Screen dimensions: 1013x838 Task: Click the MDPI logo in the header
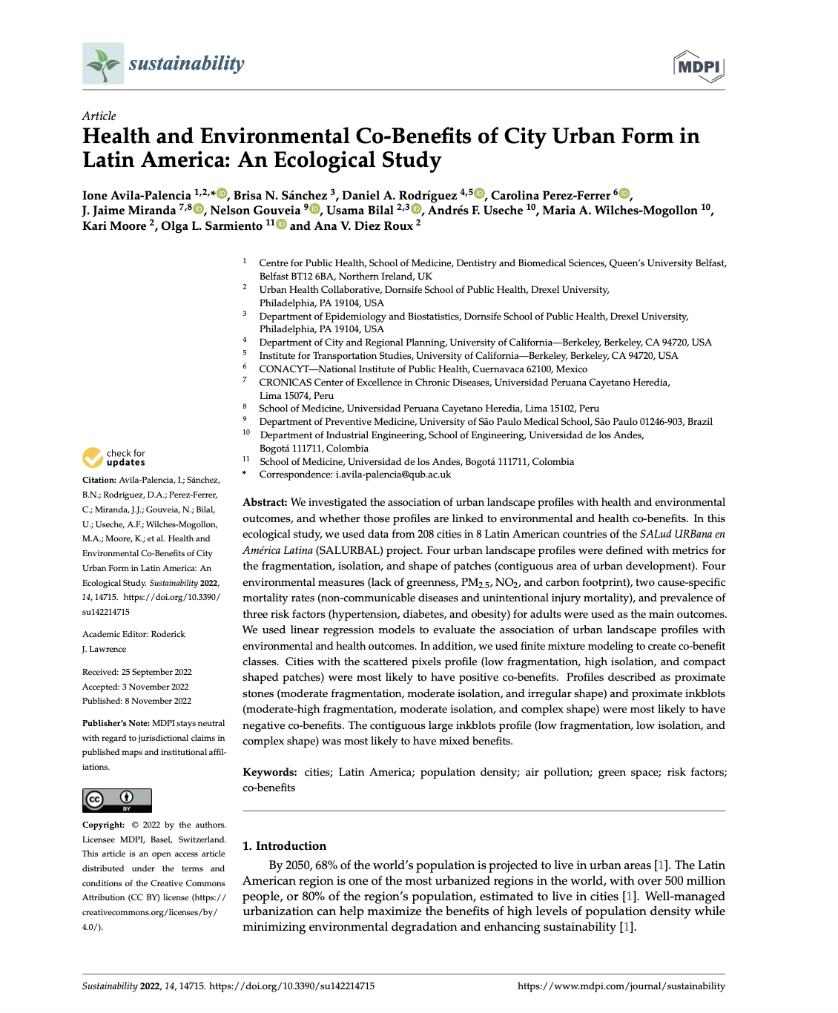click(x=699, y=67)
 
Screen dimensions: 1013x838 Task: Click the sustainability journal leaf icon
click(x=103, y=64)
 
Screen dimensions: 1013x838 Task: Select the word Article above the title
click(x=99, y=116)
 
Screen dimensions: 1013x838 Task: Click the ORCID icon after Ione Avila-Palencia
click(x=222, y=194)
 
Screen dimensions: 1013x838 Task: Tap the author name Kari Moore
click(x=113, y=226)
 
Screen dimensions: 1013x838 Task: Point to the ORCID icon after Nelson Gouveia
click(x=315, y=210)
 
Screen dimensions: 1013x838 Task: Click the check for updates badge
click(x=113, y=458)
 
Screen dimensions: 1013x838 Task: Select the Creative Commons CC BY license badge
click(x=116, y=800)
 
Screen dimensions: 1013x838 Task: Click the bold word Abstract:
click(x=265, y=503)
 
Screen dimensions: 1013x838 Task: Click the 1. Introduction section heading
click(x=284, y=845)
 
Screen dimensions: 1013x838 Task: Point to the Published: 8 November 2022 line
click(x=136, y=701)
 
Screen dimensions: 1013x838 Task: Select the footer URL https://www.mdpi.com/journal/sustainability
click(x=621, y=986)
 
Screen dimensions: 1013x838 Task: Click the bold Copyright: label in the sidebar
click(x=103, y=825)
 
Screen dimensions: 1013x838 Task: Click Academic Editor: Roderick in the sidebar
click(x=133, y=634)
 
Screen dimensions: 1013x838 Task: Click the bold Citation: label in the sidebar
click(x=99, y=481)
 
